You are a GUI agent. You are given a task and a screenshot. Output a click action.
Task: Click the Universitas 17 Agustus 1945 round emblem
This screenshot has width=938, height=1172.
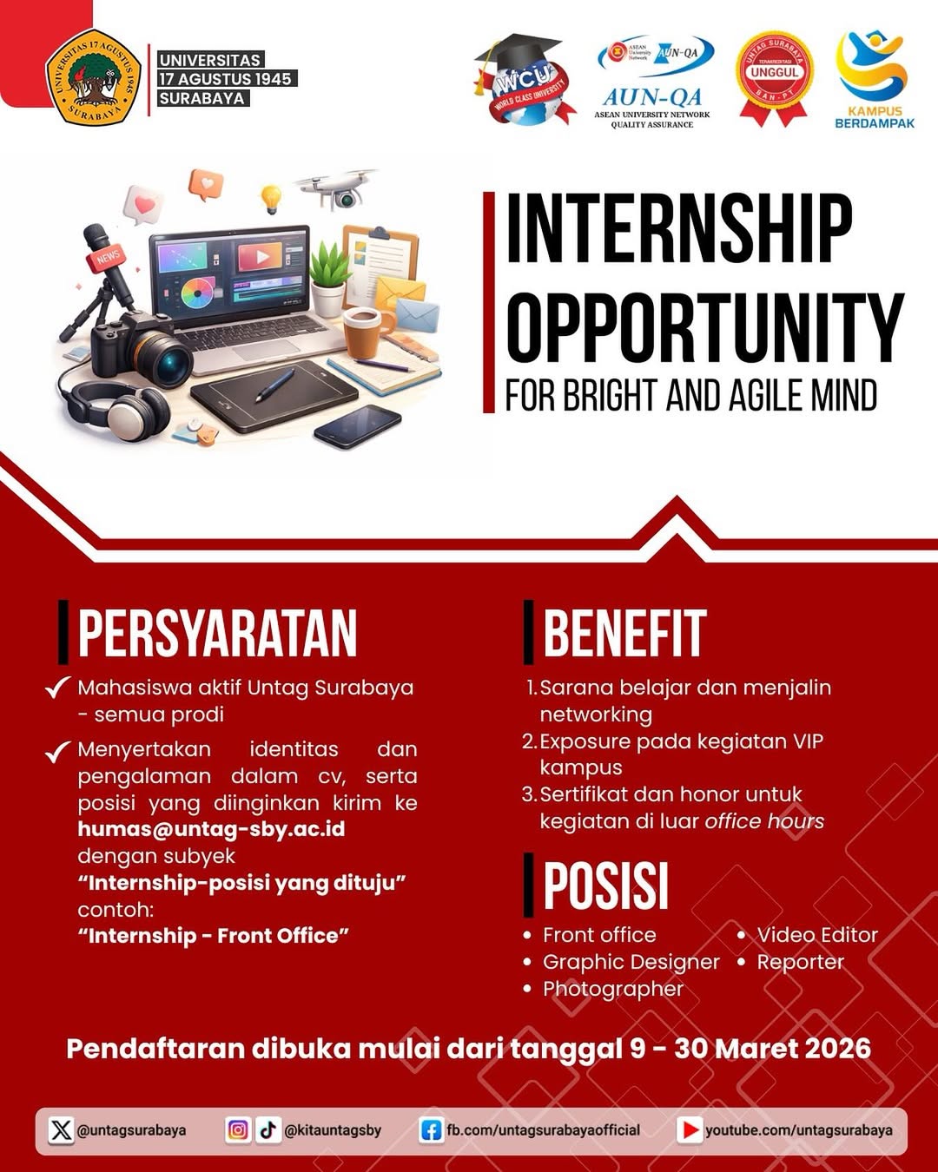tap(94, 79)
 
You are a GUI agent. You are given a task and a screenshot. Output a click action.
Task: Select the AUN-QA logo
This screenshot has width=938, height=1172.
tap(653, 82)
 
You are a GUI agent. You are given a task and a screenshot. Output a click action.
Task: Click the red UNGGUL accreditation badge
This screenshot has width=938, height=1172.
tap(773, 77)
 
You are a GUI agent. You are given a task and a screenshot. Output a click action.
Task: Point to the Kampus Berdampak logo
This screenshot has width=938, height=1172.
tap(874, 79)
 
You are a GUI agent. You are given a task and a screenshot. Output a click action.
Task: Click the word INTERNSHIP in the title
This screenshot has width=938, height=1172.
tap(678, 229)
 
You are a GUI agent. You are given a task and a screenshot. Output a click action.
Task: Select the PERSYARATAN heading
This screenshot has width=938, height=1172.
tap(217, 633)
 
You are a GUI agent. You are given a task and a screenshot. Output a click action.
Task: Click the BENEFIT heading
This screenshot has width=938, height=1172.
tap(624, 633)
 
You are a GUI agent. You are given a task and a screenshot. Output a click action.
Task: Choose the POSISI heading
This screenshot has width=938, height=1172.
tap(605, 886)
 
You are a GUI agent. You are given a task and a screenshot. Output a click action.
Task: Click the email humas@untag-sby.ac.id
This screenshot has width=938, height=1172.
tap(211, 829)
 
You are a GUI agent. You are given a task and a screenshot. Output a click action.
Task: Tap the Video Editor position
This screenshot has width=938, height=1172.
tap(817, 935)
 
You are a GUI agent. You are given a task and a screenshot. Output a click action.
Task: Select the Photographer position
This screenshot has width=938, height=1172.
tap(613, 989)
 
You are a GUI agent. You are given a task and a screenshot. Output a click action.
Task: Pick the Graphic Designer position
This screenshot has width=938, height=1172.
tap(631, 962)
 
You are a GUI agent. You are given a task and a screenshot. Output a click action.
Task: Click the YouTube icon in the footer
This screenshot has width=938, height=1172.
tap(690, 1130)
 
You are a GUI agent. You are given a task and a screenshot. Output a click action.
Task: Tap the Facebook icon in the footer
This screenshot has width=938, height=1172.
tap(431, 1130)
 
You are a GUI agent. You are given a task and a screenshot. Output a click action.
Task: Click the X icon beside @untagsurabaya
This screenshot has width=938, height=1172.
tap(61, 1130)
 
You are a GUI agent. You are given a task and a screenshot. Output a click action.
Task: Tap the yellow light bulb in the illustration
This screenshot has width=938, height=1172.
tap(272, 199)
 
